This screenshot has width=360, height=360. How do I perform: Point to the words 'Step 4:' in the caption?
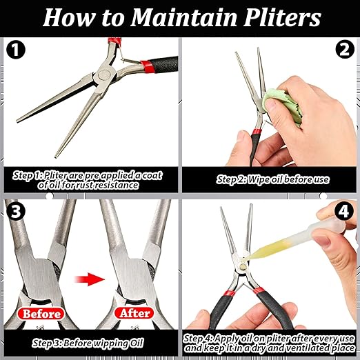coord(201,339)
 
